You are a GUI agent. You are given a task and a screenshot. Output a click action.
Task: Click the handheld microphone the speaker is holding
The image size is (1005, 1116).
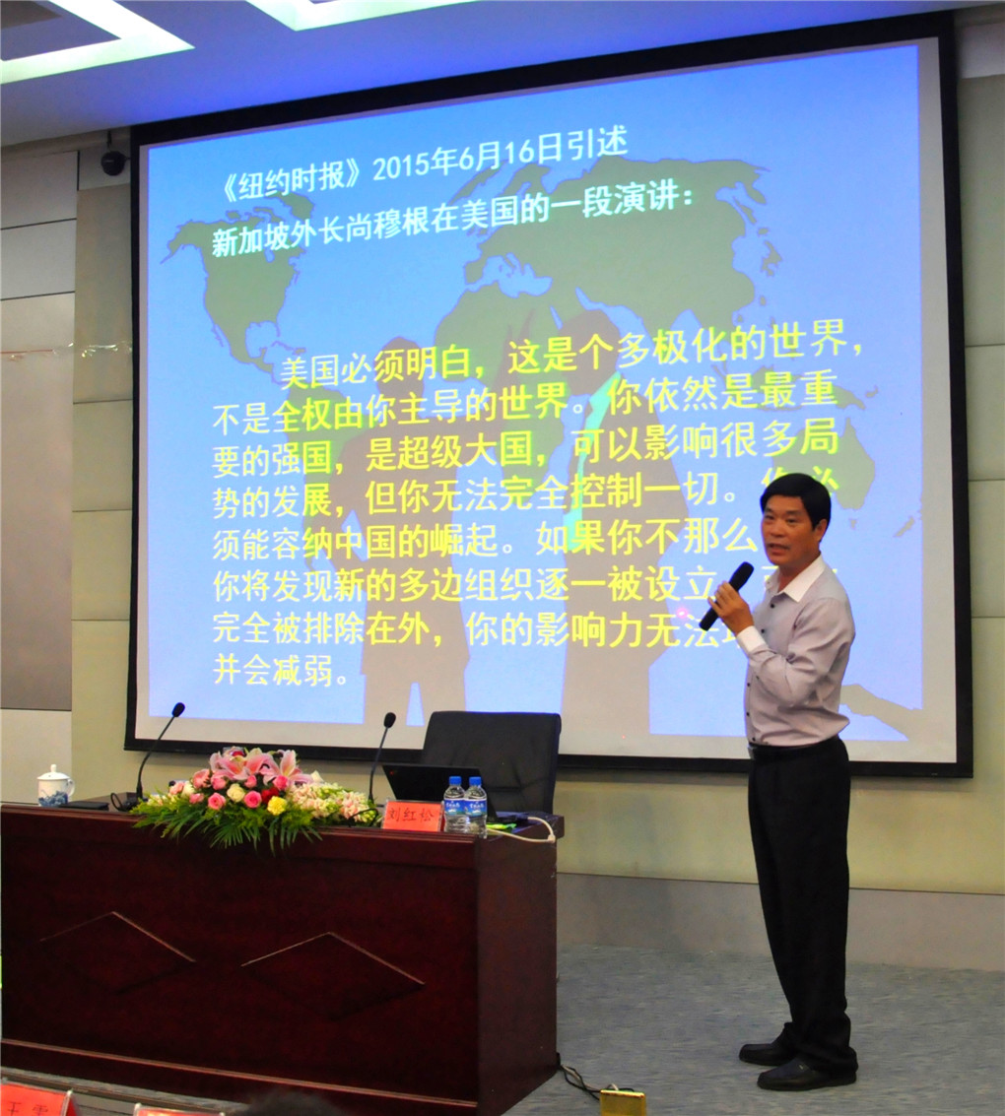tap(727, 594)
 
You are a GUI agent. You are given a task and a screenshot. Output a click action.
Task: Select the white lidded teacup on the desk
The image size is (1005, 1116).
tap(54, 786)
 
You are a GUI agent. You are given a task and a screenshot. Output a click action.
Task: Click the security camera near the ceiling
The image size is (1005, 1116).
tap(113, 163)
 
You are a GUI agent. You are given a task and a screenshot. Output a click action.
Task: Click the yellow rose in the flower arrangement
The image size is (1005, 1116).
tap(277, 805)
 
